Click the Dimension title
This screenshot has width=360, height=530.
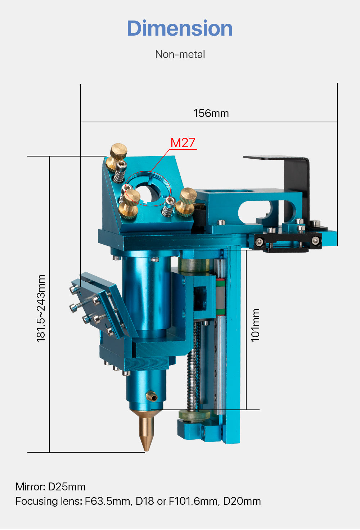point(180,28)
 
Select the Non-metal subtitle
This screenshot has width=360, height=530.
point(180,54)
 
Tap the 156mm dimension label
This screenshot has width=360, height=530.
point(211,113)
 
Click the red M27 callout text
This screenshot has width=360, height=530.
point(183,143)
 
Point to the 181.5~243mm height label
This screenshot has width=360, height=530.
point(41,308)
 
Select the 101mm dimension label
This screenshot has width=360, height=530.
point(255,325)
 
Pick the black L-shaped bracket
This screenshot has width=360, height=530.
point(295,173)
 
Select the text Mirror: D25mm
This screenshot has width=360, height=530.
point(50,487)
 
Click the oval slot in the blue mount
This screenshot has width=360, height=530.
point(254,210)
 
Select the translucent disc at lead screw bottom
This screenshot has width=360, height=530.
point(194,416)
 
